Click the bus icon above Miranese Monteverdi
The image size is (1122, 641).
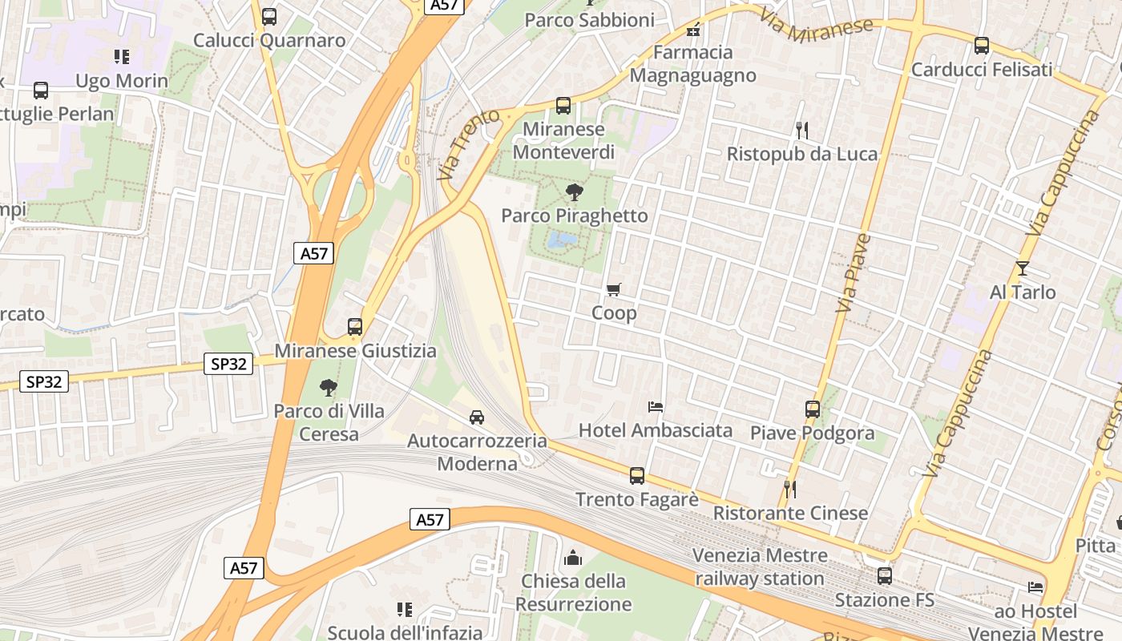pos(563,106)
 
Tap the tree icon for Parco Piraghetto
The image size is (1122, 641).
pos(574,192)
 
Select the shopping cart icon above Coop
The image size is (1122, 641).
pos(614,289)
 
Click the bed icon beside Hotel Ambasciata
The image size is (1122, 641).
pos(656,407)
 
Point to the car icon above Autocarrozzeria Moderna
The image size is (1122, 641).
pos(477,417)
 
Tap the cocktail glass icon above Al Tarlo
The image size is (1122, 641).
pos(1022,268)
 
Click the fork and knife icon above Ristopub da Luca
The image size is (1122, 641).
pos(801,130)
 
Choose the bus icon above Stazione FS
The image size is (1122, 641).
pos(885,576)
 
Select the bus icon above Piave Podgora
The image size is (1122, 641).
pos(813,409)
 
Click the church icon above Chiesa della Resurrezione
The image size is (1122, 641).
pos(573,558)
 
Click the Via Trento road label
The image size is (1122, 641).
pos(469,145)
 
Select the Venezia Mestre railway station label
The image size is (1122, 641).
pos(759,566)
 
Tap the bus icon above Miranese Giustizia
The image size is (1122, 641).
pos(355,327)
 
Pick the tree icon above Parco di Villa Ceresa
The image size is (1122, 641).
pos(328,388)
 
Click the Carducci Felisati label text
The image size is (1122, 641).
pos(982,70)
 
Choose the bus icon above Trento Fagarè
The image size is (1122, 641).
pos(637,476)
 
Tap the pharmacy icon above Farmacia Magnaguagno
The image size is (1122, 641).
pos(693,30)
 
